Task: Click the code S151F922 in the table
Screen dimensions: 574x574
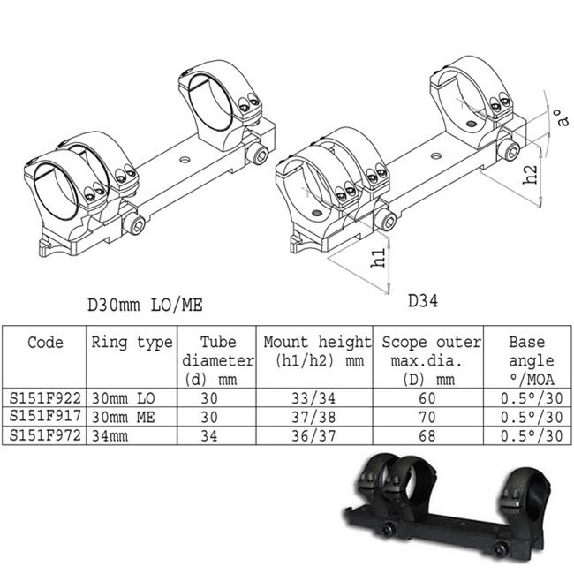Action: (45, 399)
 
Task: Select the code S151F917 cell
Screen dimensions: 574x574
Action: (45, 418)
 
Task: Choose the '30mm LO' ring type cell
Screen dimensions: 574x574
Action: (123, 399)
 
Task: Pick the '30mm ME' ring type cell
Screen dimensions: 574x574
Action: (123, 418)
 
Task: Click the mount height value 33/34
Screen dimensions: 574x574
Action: (318, 399)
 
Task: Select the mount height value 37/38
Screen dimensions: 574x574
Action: (318, 418)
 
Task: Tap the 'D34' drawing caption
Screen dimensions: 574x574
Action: (424, 301)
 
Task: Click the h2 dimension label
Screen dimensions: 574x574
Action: (529, 174)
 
